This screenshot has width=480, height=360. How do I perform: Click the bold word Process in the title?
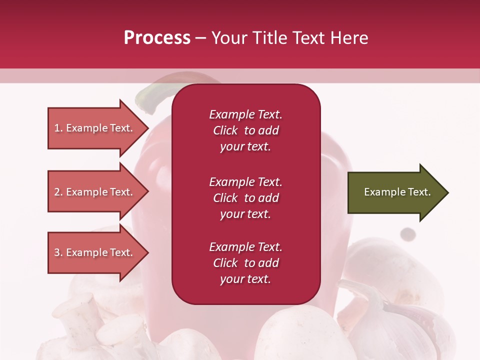pyautogui.click(x=157, y=38)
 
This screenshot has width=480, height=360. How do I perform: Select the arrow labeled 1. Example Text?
pyautogui.click(x=95, y=128)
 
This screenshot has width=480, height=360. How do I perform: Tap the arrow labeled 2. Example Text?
pyautogui.click(x=95, y=192)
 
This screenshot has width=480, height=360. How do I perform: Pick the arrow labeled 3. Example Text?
pyautogui.click(x=95, y=252)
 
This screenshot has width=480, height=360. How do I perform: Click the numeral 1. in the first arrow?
pyautogui.click(x=58, y=128)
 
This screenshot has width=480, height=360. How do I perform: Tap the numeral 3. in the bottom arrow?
pyautogui.click(x=58, y=252)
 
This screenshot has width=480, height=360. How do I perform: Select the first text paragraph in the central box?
pyautogui.click(x=245, y=130)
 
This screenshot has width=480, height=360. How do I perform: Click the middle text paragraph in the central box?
pyautogui.click(x=245, y=198)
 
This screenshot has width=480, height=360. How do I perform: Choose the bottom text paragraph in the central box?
pyautogui.click(x=245, y=263)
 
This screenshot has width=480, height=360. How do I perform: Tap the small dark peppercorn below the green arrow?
pyautogui.click(x=408, y=233)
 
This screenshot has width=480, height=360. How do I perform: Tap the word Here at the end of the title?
pyautogui.click(x=349, y=38)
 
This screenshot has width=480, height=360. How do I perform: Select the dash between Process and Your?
pyautogui.click(x=200, y=38)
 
